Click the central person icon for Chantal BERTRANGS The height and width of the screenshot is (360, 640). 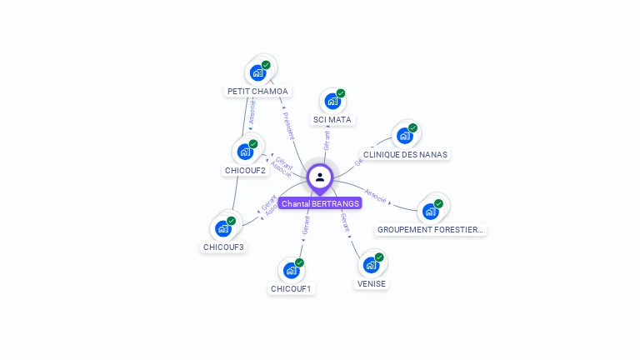(x=320, y=177)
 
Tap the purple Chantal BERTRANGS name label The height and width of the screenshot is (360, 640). (x=320, y=203)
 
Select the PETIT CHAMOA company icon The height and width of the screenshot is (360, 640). (x=257, y=73)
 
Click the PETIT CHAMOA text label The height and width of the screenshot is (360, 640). (x=257, y=92)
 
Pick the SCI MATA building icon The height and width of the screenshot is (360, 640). (x=332, y=102)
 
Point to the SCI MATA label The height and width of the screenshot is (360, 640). (x=332, y=120)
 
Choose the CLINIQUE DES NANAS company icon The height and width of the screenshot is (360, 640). (x=404, y=136)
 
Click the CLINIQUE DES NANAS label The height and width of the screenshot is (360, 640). (x=405, y=154)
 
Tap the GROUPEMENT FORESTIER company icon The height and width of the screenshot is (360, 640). (x=430, y=211)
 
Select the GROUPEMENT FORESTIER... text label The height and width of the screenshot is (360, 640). (x=430, y=229)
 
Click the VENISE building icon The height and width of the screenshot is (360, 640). (x=371, y=265)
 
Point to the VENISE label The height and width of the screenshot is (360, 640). (x=372, y=283)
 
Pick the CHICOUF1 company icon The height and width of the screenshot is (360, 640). (x=291, y=270)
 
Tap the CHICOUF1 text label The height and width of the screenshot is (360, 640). (x=291, y=289)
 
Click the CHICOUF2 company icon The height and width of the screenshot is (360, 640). (x=245, y=152)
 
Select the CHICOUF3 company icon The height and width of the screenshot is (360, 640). (x=222, y=228)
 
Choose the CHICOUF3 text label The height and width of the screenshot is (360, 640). (x=224, y=247)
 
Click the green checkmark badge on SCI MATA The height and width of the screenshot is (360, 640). (x=341, y=93)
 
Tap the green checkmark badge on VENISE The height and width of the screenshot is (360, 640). (x=379, y=257)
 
